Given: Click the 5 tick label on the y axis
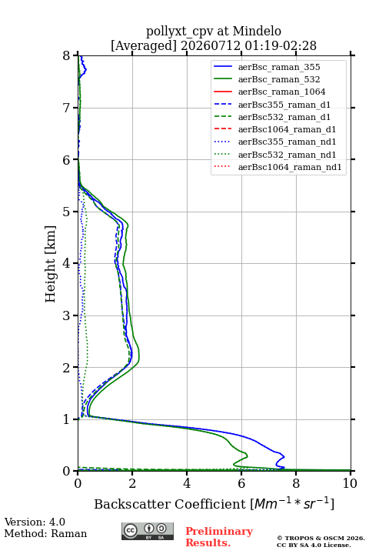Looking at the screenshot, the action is [67, 212].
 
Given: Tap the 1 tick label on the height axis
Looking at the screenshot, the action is [67, 419].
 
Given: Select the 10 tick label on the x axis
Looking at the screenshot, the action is [350, 483].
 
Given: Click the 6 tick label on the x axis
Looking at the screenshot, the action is [241, 483].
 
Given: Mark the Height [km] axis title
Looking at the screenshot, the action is [51, 264].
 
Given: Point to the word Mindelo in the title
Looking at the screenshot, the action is [257, 31].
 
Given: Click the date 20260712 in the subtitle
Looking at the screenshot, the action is [211, 45].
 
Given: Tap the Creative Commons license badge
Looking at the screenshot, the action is [148, 531].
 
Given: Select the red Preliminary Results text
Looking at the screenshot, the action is [219, 537].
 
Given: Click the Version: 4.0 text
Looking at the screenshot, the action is [35, 522].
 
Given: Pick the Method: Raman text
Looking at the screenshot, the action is [45, 533].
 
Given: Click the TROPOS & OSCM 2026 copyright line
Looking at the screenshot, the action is [321, 538].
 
